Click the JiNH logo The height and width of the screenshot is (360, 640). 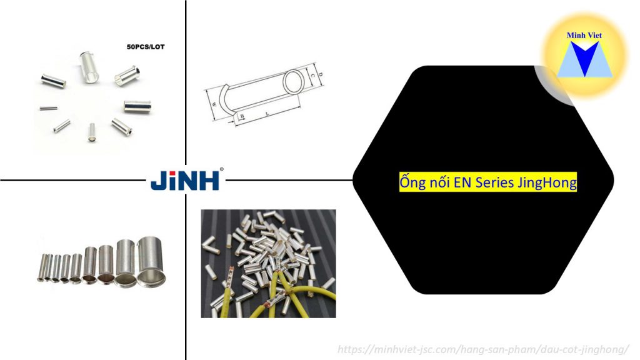click(x=185, y=181)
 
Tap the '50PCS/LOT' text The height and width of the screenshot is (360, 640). click(x=145, y=47)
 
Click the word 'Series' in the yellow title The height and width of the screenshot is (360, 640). click(x=494, y=183)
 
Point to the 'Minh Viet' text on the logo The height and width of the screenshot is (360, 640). click(x=584, y=36)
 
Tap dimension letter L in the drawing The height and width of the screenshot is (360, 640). click(x=267, y=114)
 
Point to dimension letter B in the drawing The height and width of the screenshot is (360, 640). click(x=242, y=117)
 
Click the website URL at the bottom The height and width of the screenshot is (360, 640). click(x=483, y=349)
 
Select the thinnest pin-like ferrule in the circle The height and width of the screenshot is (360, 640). click(x=45, y=107)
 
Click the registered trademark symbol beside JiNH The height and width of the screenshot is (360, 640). click(x=222, y=169)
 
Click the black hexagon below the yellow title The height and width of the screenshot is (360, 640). click(x=481, y=250)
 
